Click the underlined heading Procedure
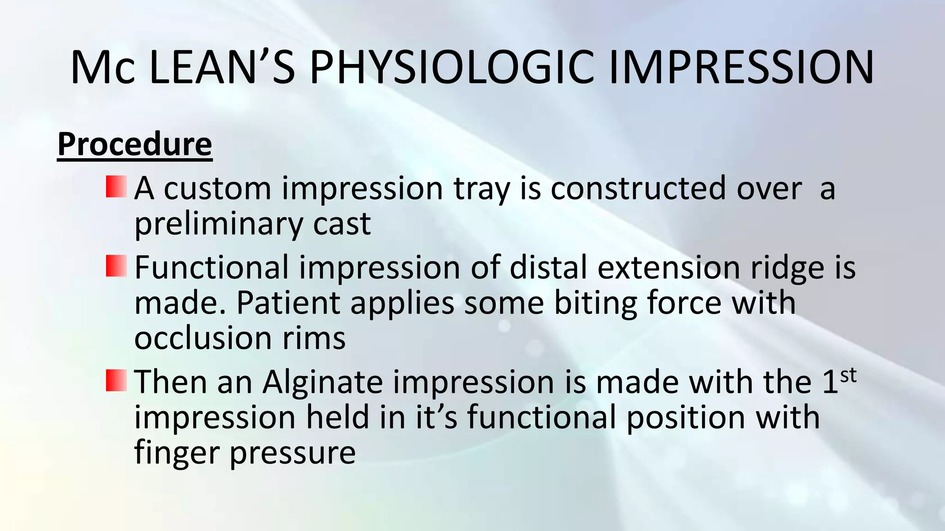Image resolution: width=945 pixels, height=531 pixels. coord(135,145)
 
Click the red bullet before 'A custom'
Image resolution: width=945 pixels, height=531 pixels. coord(116,186)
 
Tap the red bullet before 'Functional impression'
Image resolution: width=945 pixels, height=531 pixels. coord(116,266)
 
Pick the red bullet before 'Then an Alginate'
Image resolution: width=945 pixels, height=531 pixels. coord(116,380)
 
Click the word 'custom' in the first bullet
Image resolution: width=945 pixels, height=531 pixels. coord(217,189)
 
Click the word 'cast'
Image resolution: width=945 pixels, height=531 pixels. coord(342,224)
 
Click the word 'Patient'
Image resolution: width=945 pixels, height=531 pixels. coord(288,303)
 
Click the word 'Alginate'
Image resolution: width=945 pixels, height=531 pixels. coord(323,383)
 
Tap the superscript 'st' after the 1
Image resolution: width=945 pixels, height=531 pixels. coord(848,375)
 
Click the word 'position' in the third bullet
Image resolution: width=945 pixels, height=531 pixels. coord(686,418)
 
